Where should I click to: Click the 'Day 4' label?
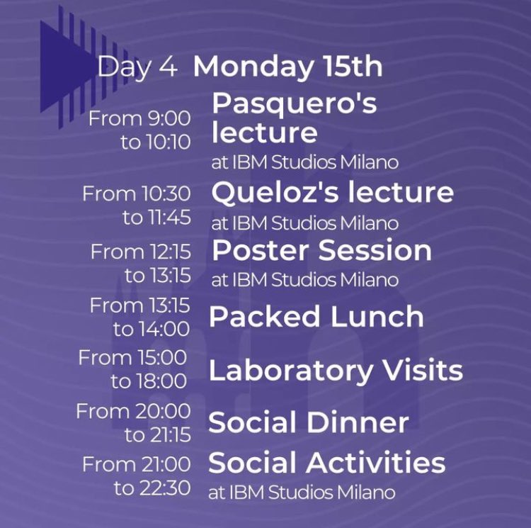click(x=137, y=67)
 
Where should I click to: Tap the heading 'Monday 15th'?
click(x=287, y=67)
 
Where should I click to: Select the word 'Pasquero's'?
click(x=295, y=104)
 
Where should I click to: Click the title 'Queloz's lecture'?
click(x=333, y=192)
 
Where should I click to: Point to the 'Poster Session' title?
click(x=321, y=250)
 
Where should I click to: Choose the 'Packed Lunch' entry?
click(x=316, y=317)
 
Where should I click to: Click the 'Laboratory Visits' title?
click(x=336, y=370)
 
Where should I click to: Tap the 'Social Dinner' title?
click(x=308, y=423)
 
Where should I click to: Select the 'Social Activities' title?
click(x=326, y=464)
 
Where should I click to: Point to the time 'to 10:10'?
click(x=155, y=142)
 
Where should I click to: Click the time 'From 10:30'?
click(x=137, y=193)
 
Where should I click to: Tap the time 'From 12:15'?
click(x=140, y=252)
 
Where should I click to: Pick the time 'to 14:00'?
click(x=152, y=329)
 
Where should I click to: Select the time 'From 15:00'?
click(x=132, y=358)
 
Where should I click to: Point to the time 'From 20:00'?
click(x=133, y=411)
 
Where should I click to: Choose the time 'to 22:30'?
click(x=152, y=488)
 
